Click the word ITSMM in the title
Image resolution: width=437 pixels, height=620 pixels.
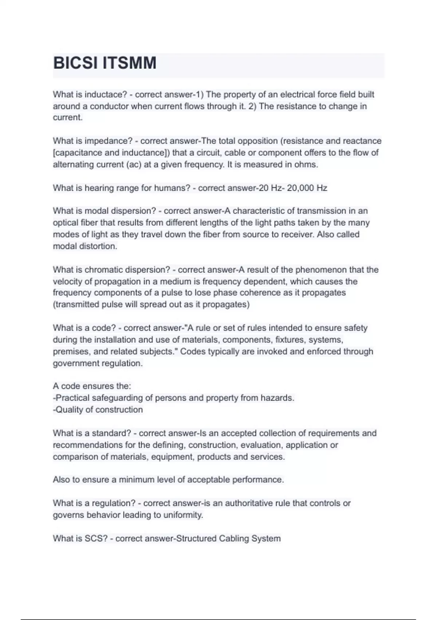129,63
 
